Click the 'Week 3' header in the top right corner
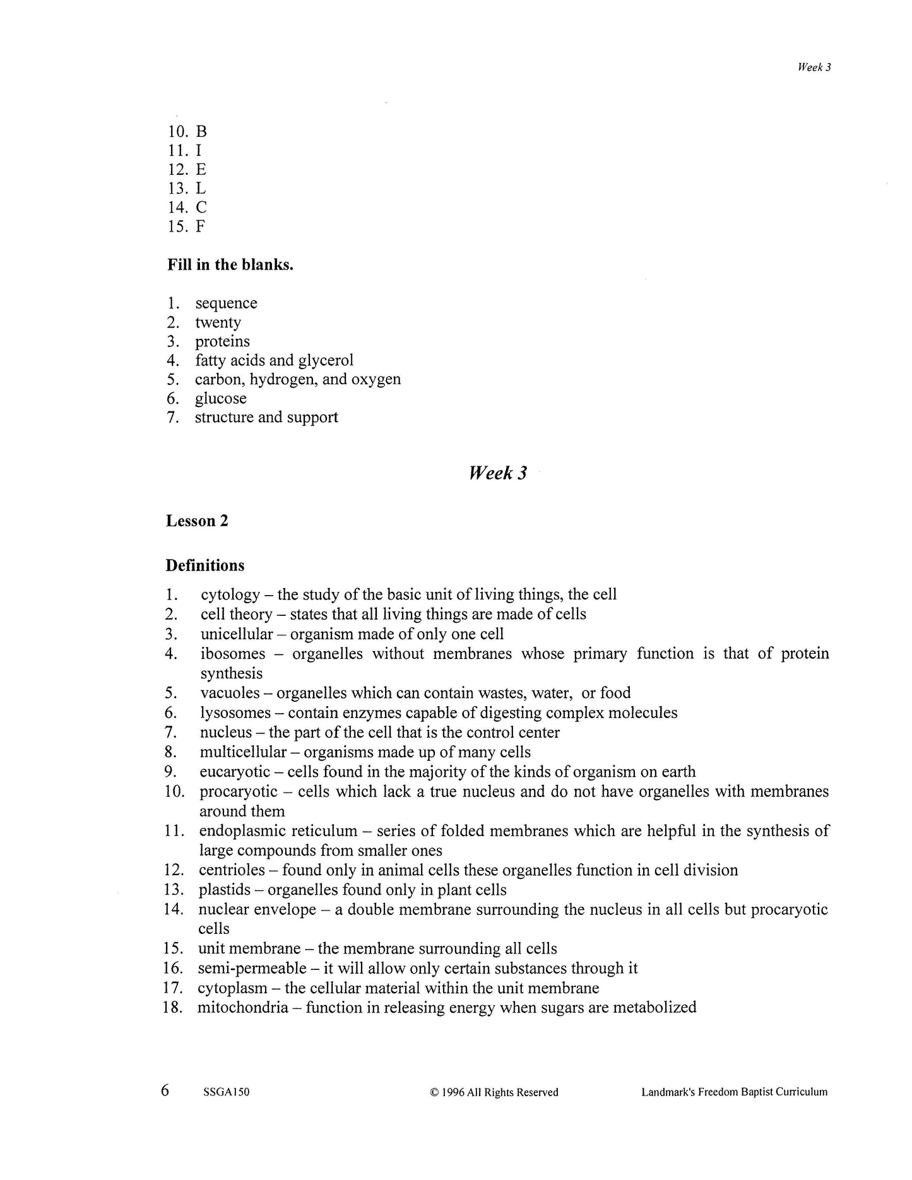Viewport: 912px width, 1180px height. tap(814, 68)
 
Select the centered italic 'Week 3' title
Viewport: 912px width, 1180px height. tap(498, 473)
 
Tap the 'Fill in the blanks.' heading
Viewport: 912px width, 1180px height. tap(230, 264)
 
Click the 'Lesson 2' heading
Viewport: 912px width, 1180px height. tap(197, 521)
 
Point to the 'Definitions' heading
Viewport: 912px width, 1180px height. tap(204, 565)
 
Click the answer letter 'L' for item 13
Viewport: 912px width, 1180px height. tap(201, 189)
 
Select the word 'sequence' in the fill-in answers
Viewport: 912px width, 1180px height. tap(226, 304)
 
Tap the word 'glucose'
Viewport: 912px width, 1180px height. tap(220, 399)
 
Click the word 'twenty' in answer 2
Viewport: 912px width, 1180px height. tap(218, 323)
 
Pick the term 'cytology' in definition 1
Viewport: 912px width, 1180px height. tap(230, 595)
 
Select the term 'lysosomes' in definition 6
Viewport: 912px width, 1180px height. tap(231, 713)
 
